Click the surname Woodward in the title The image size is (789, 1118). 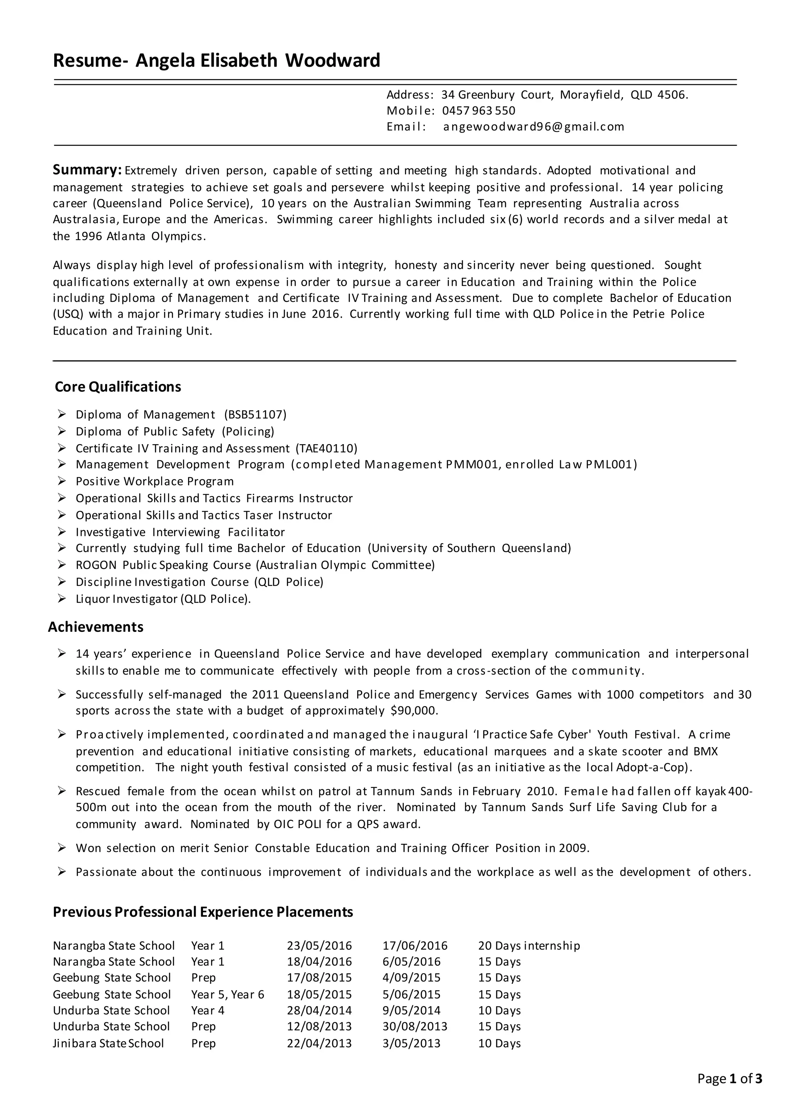(x=332, y=61)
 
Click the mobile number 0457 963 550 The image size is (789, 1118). (x=478, y=111)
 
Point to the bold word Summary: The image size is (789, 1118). (x=87, y=170)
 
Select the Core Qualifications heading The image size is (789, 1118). (x=118, y=387)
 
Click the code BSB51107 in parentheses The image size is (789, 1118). (x=255, y=414)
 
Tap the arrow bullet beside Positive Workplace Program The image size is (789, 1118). (x=61, y=481)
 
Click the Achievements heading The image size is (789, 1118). (x=96, y=627)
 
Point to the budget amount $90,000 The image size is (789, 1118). (x=414, y=711)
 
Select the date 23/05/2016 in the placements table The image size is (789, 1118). (x=319, y=946)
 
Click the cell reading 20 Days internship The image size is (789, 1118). (x=529, y=946)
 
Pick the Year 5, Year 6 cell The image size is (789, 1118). (x=227, y=994)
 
